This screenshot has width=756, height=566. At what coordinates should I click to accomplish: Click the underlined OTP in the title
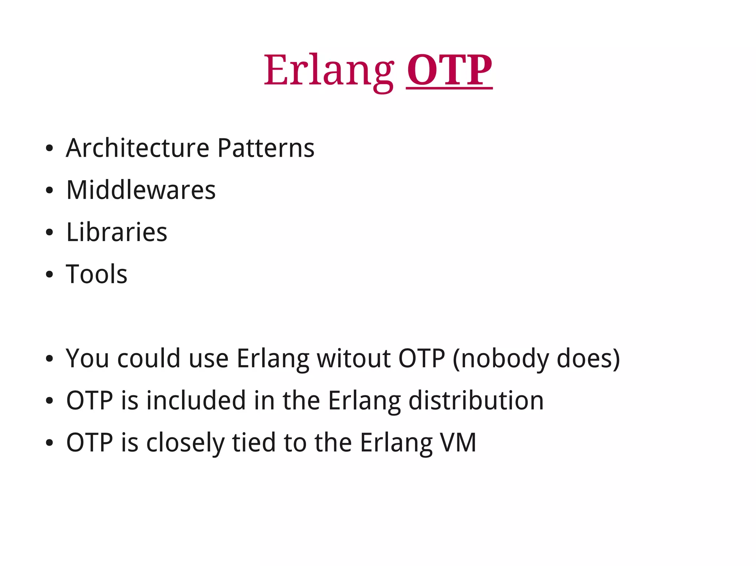[x=449, y=70]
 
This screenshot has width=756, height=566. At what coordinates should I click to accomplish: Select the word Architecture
[x=137, y=148]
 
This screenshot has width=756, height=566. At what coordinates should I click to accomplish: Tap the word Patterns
[x=266, y=148]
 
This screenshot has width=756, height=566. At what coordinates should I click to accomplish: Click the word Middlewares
[x=141, y=190]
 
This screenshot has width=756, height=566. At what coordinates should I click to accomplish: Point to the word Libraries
[x=117, y=232]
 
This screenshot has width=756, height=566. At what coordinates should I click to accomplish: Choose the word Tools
[x=97, y=274]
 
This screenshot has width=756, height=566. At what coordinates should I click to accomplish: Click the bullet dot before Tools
[x=49, y=275]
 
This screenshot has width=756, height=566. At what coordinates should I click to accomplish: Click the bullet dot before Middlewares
[x=49, y=191]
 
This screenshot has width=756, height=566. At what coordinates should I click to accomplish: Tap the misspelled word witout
[x=354, y=358]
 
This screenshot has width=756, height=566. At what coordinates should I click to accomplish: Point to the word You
[x=87, y=358]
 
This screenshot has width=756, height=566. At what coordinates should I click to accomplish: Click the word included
[x=196, y=400]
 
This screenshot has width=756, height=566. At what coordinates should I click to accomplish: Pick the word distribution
[x=476, y=400]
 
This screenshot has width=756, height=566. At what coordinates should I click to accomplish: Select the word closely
[x=185, y=442]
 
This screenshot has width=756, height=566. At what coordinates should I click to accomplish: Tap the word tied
[x=254, y=442]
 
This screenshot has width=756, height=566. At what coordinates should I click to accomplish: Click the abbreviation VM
[x=458, y=442]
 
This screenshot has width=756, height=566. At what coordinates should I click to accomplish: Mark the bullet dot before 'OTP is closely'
[x=49, y=443]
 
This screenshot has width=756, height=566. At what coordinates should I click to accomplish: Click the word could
[x=149, y=358]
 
